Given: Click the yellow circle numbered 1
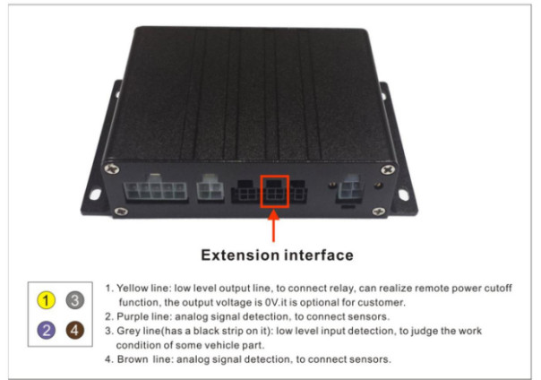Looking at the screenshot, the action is [x=46, y=299].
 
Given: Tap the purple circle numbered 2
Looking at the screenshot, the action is [x=46, y=330].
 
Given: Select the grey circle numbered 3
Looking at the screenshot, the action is [x=75, y=299].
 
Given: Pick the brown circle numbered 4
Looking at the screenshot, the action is [x=75, y=330].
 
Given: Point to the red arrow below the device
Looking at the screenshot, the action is [x=273, y=226].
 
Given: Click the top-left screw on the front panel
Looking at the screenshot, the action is [x=112, y=168].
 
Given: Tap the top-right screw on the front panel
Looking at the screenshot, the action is [x=388, y=169].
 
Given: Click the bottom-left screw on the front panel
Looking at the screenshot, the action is [x=120, y=211].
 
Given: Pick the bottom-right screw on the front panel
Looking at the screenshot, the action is [x=379, y=211].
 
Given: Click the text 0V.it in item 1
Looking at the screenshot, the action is [x=276, y=303].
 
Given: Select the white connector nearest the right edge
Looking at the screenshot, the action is [x=350, y=189].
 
